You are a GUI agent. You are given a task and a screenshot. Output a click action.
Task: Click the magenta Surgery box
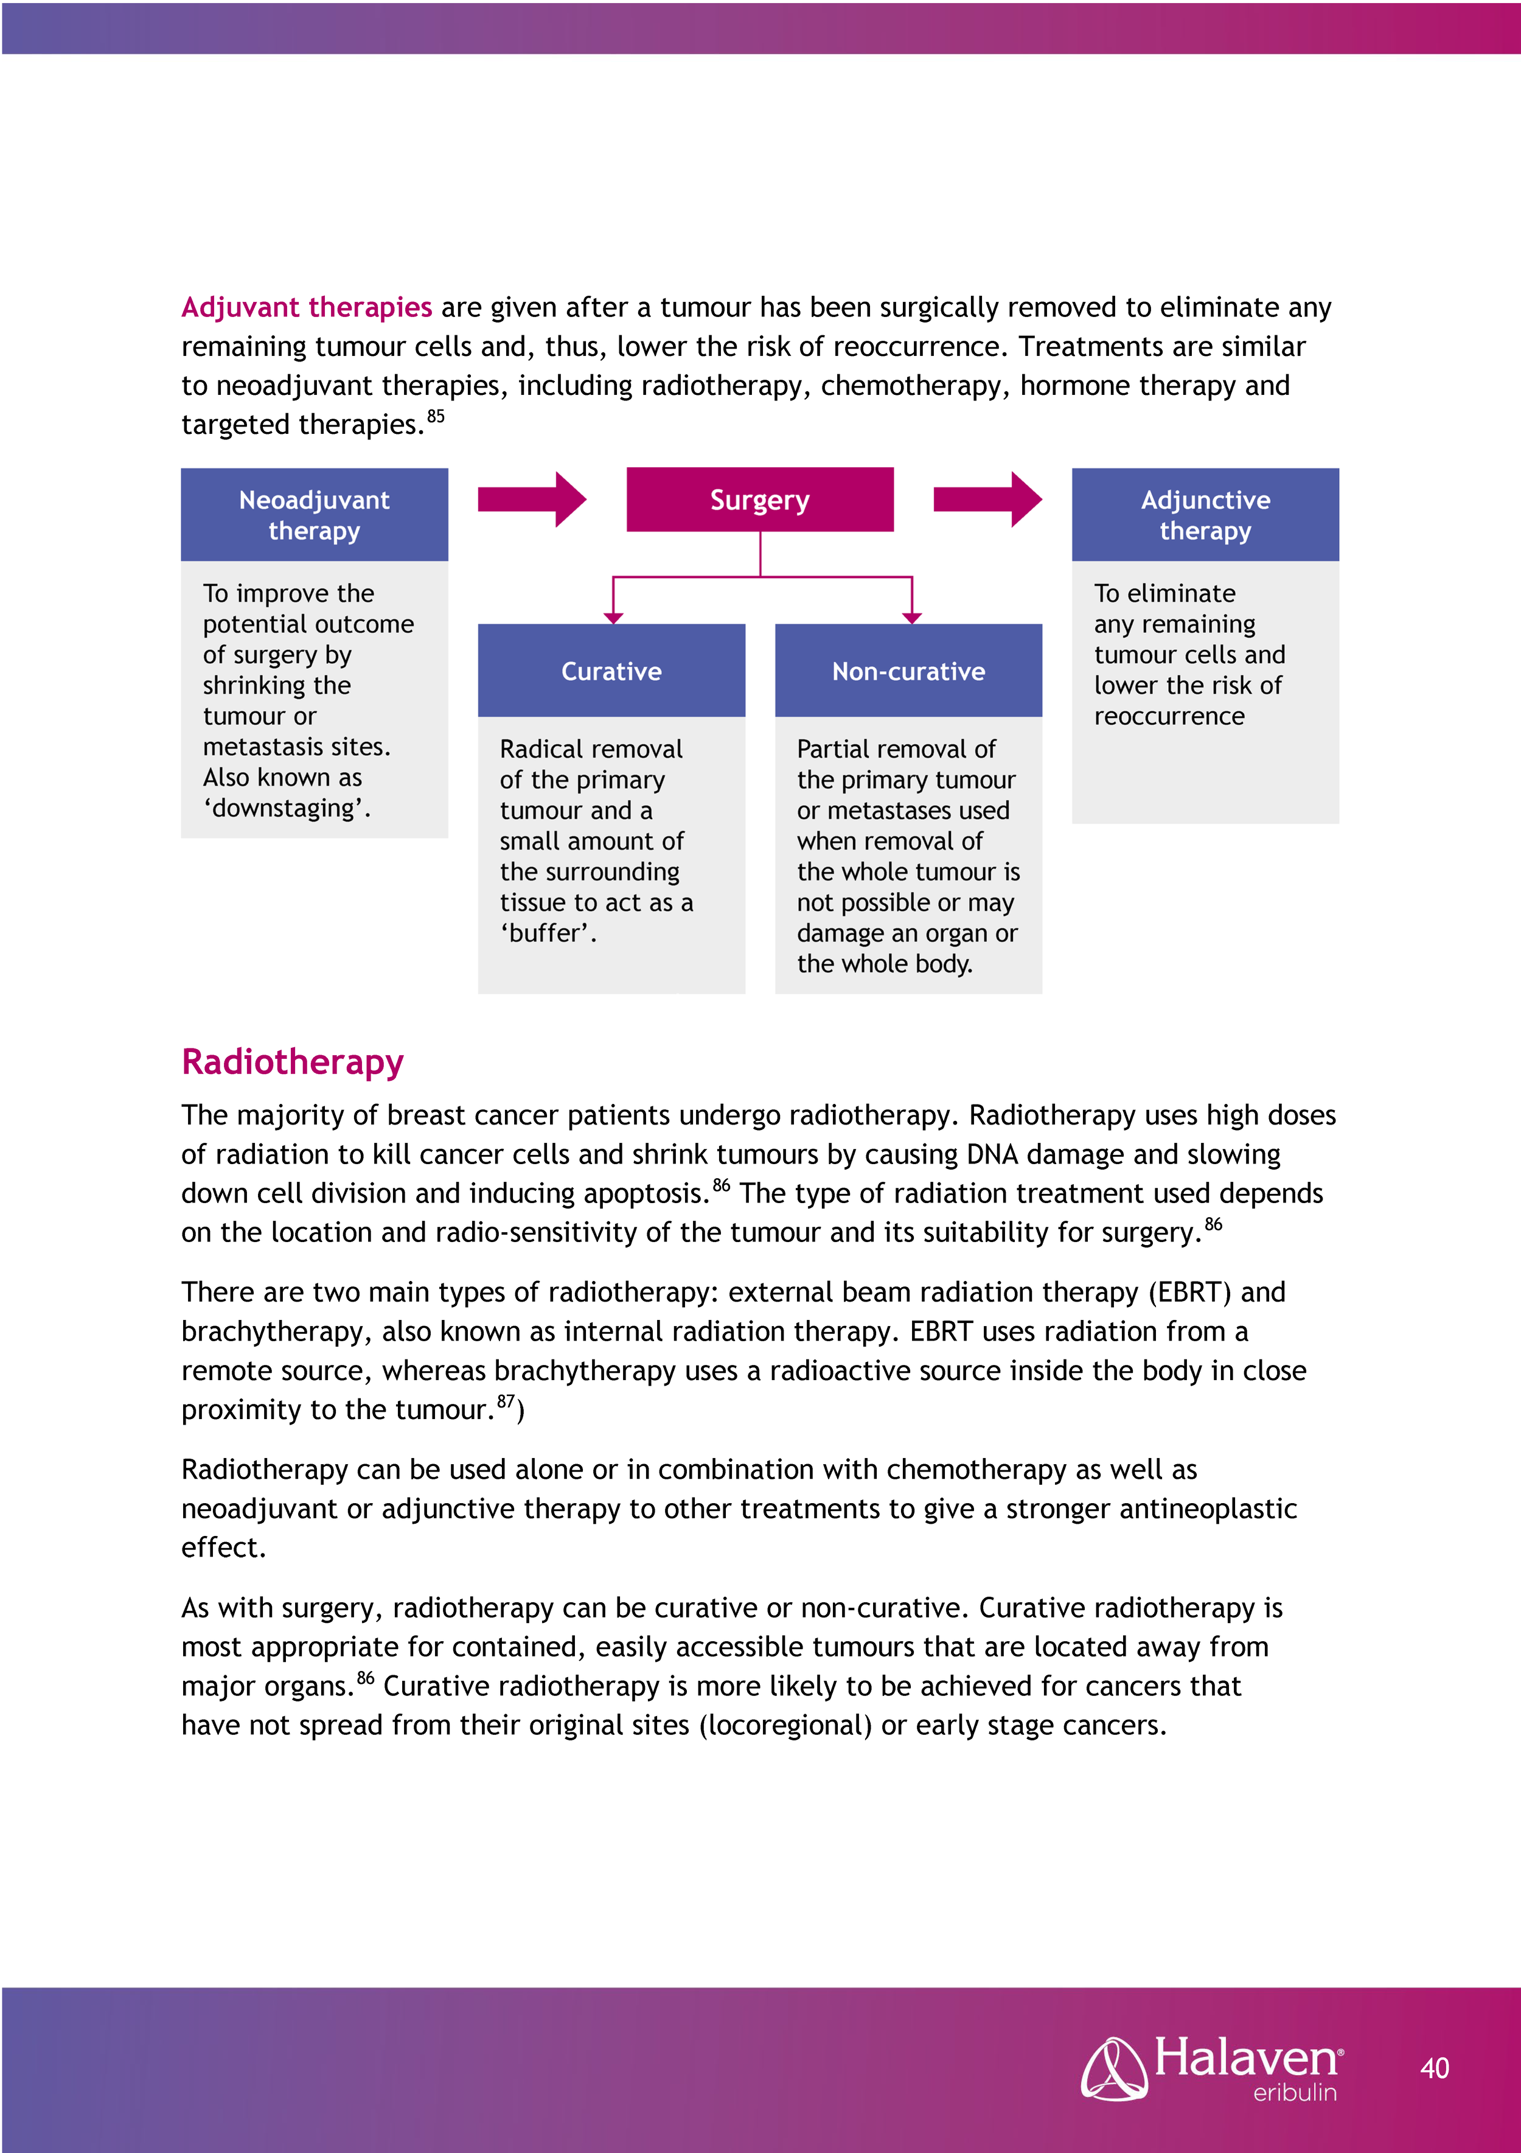759,500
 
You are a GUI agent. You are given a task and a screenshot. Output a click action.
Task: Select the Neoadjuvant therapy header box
314,515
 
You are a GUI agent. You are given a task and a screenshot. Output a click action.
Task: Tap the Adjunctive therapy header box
1205,515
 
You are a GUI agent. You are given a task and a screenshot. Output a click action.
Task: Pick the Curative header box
611,671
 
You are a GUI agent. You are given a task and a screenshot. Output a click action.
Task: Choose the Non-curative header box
908,671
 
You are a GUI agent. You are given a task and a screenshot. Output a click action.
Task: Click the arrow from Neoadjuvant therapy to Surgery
532,500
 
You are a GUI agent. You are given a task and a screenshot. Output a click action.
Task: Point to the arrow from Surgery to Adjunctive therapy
987,500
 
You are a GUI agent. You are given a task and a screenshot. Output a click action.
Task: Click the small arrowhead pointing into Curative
613,617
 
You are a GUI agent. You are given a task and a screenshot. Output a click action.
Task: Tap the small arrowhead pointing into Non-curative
911,617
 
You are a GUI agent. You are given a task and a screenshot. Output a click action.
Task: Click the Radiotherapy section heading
293,1061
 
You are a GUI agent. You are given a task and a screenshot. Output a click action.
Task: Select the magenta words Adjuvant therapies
307,307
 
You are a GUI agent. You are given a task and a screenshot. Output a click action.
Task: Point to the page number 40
1434,2068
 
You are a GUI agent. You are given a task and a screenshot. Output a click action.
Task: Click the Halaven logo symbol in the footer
1113,2068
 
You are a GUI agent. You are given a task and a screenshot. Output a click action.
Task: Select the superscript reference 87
506,1401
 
